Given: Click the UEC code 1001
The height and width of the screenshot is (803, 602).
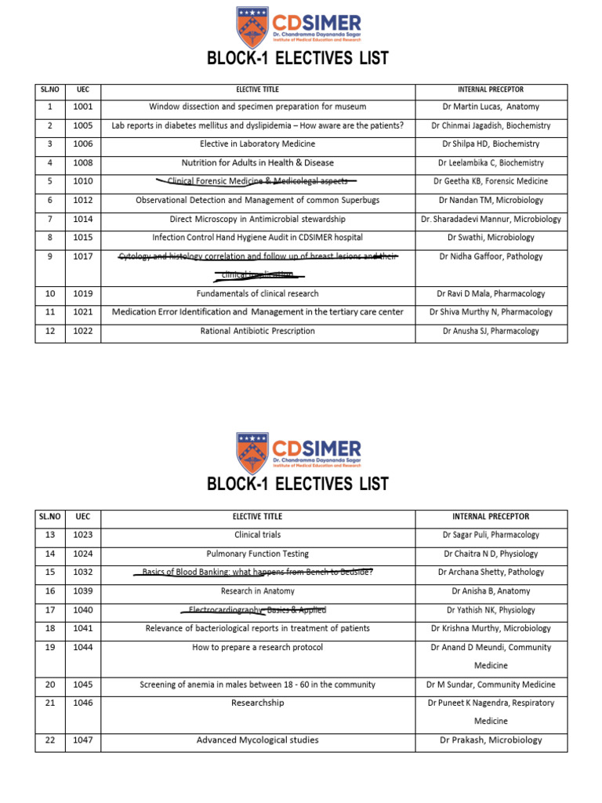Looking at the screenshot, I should pos(82,107).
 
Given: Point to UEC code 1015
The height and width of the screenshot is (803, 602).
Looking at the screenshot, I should pos(82,238).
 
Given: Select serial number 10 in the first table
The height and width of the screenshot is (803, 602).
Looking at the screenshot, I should pos(49,294).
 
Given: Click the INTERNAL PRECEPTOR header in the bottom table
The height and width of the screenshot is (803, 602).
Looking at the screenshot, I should pos(491,517).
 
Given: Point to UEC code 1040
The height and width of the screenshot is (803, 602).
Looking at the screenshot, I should pos(82,610).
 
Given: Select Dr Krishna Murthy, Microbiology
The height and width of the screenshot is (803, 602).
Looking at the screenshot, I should pos(491,629).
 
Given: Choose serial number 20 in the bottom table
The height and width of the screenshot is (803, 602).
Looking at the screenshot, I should pos(49,685).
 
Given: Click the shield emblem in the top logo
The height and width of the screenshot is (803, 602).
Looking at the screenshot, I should pos(252,27).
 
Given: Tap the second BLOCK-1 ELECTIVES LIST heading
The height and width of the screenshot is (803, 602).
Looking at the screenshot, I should pos(298,484).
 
